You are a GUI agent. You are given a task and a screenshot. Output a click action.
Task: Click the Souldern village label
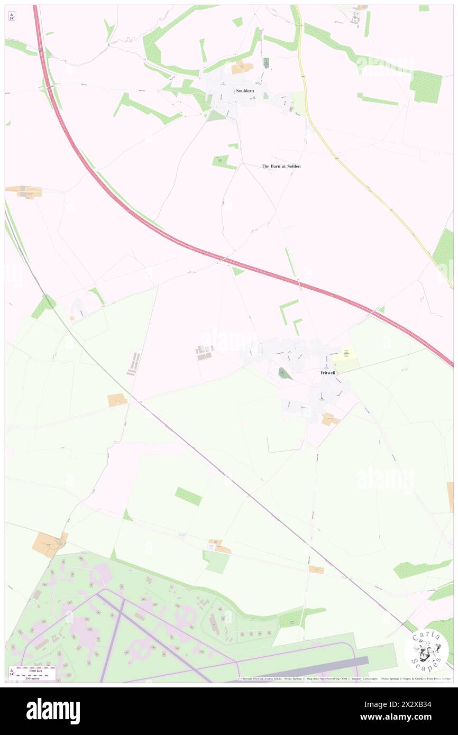pyautogui.click(x=245, y=90)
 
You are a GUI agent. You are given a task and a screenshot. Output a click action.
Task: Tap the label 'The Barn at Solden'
pyautogui.click(x=281, y=166)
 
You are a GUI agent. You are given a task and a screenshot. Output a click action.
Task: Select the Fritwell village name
pyautogui.click(x=328, y=373)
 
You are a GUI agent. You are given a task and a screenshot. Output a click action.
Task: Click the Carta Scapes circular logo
pyautogui.click(x=426, y=650)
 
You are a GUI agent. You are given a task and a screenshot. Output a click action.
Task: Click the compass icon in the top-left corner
pyautogui.click(x=12, y=16)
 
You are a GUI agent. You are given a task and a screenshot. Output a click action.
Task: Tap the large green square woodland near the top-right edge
pyautogui.click(x=425, y=86)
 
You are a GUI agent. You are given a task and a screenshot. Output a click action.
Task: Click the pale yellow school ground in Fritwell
pyautogui.click(x=344, y=360)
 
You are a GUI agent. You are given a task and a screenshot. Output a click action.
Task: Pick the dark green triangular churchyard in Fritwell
pyautogui.click(x=285, y=374)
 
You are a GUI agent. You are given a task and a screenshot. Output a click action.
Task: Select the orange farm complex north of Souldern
pyautogui.click(x=242, y=67)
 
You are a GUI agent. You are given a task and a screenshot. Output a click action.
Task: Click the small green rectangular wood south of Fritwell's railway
pyautogui.click(x=188, y=496)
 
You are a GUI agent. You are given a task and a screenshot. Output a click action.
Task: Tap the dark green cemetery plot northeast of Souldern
pyautogui.click(x=266, y=62)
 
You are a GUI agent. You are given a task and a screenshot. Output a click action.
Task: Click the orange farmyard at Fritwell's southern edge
pyautogui.click(x=331, y=419)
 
